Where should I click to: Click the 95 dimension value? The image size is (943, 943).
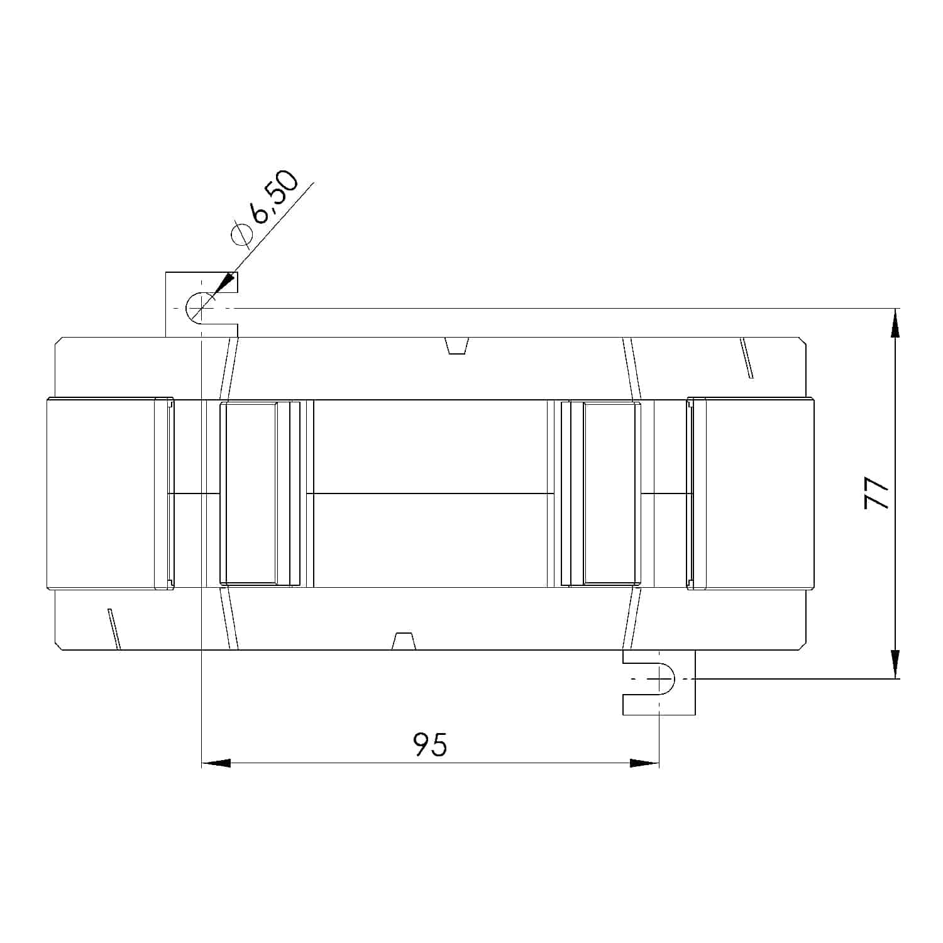430,744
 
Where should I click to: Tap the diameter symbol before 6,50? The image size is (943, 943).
241,233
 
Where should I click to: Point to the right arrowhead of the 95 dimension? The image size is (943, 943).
644,763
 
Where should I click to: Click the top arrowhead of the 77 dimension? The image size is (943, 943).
894,323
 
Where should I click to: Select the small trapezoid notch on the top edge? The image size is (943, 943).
457,345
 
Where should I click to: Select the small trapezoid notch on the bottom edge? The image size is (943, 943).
404,641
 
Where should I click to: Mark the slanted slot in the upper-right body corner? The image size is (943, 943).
747,358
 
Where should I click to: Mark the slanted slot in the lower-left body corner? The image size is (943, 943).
114,628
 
